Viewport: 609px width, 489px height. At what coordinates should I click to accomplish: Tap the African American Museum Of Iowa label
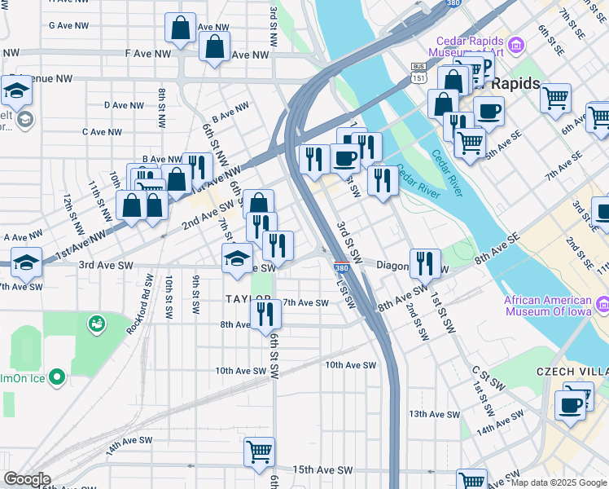(550, 306)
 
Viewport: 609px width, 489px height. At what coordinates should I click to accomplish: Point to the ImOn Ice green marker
(56, 377)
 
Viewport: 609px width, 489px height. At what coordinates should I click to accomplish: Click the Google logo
(27, 479)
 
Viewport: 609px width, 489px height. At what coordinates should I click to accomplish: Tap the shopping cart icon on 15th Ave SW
(259, 452)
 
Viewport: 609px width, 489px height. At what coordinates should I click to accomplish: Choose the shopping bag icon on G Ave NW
(180, 28)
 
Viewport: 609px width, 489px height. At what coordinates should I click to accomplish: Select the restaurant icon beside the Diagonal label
(425, 263)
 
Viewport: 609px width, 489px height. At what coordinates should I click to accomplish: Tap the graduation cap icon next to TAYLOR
(237, 258)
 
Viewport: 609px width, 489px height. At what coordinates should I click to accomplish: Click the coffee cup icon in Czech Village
(571, 405)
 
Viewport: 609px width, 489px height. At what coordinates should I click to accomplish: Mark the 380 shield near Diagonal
(343, 267)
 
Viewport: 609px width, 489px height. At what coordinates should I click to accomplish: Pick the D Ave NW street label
(125, 105)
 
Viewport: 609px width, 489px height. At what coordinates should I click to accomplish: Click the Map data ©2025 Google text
(559, 482)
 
